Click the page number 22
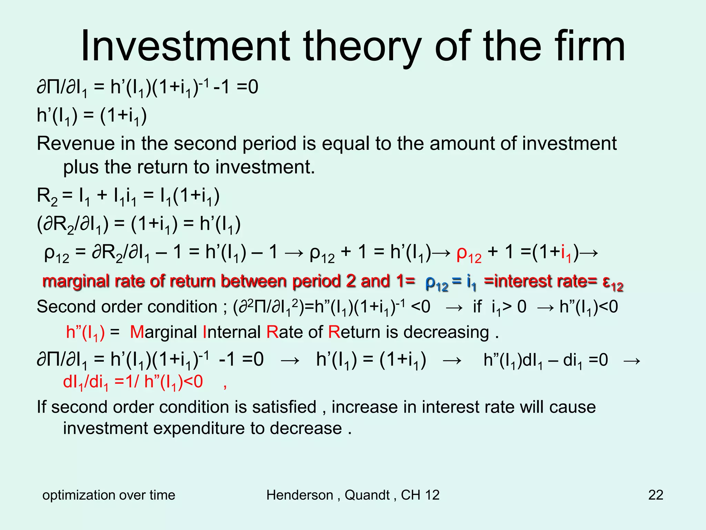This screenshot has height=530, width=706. click(656, 495)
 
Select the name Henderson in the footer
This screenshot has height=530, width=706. click(300, 495)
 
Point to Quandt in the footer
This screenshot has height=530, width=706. click(367, 495)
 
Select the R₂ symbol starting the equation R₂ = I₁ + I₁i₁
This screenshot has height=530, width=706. click(47, 197)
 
